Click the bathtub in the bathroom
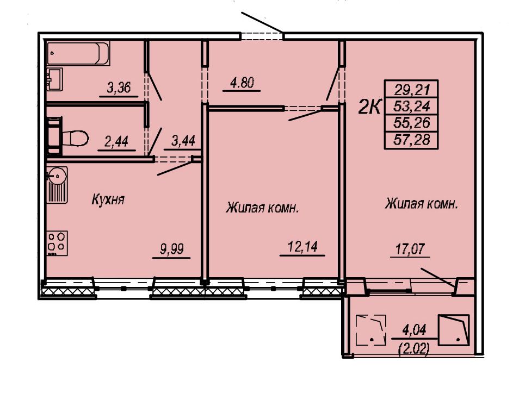point(78,53)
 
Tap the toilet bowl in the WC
point(75,137)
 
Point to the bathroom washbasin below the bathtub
point(54,79)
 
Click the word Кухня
point(108,199)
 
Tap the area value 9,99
point(171,249)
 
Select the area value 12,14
point(302,247)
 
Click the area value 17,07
point(410,249)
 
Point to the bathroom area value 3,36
point(119,87)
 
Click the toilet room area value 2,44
point(116,142)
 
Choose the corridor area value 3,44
point(183,141)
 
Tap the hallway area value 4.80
point(242,83)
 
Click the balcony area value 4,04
point(414,330)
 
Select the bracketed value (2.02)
point(414,348)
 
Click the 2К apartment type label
point(369,107)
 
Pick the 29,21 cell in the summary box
point(412,89)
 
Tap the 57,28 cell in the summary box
point(412,140)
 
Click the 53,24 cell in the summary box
point(412,107)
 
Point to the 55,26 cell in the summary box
point(412,123)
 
